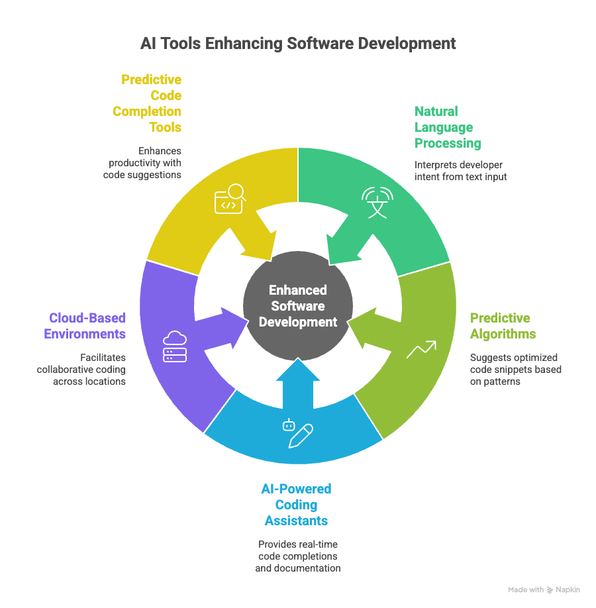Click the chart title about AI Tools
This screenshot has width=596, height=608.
pyautogui.click(x=298, y=44)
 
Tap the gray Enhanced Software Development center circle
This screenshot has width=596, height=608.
pyautogui.click(x=298, y=306)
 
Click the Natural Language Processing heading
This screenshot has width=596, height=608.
pyautogui.click(x=448, y=127)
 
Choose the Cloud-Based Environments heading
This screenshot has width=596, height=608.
pyautogui.click(x=85, y=326)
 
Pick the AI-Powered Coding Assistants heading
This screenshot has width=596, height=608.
pyautogui.click(x=296, y=505)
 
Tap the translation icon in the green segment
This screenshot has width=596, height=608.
pyautogui.click(x=377, y=202)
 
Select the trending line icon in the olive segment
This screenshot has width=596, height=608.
pyautogui.click(x=421, y=350)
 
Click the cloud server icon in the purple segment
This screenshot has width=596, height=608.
pyautogui.click(x=175, y=346)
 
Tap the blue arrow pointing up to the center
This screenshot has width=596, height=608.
pyautogui.click(x=298, y=384)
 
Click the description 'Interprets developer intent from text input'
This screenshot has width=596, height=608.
pyautogui.click(x=461, y=170)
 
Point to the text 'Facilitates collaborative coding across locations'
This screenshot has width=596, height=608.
pyautogui.click(x=81, y=369)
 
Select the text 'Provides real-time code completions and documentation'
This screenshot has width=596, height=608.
pyautogui.click(x=298, y=556)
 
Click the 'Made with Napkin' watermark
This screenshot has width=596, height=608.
pyautogui.click(x=544, y=589)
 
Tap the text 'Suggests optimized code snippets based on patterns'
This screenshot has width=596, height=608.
pyautogui.click(x=516, y=369)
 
